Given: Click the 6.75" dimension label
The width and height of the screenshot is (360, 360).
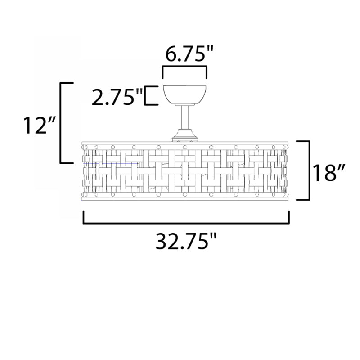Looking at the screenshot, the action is (x=189, y=54).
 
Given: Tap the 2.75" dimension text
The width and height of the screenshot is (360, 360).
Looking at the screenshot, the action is (x=117, y=97).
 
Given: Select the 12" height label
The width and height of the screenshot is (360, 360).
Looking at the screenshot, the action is (x=40, y=126).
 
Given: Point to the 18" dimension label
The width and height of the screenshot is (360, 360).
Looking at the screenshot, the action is (x=329, y=172).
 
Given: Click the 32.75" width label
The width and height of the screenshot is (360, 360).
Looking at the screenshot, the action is (x=186, y=241).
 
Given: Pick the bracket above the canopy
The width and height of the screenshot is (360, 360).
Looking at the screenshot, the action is (x=184, y=67).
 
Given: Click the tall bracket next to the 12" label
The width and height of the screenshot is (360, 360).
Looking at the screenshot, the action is (x=61, y=123).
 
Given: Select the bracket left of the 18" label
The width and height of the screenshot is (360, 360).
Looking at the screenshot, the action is (x=309, y=171).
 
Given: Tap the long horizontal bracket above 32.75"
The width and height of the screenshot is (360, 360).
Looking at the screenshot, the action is (x=186, y=223).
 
